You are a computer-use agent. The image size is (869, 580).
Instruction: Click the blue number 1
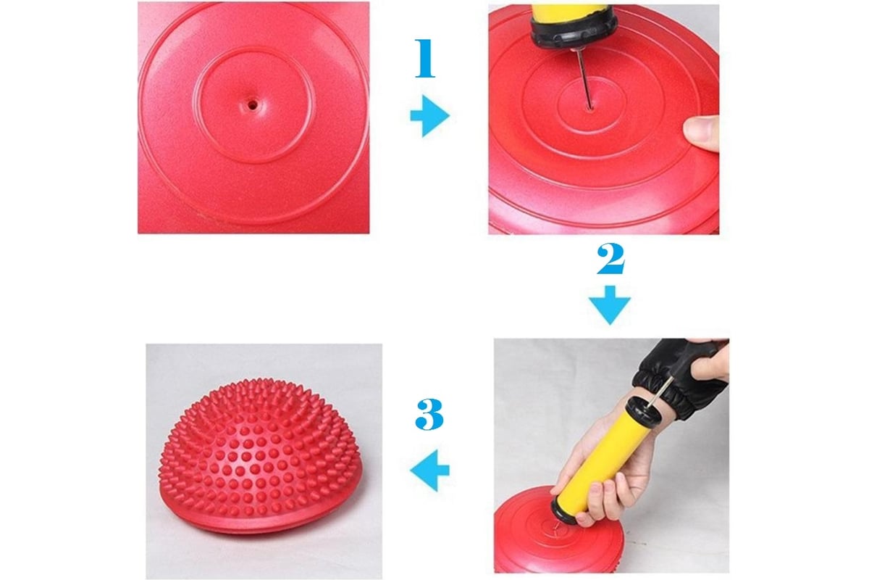[425, 58]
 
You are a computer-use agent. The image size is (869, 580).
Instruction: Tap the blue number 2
[610, 259]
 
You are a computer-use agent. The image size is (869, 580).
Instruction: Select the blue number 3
[429, 414]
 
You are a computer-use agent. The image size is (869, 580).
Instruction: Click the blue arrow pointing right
[430, 116]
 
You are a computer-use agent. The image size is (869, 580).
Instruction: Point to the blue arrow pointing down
[610, 305]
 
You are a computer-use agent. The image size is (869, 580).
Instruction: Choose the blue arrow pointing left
[430, 471]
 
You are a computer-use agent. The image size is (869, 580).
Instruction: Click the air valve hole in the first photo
[253, 104]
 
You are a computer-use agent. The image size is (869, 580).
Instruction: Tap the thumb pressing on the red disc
[702, 133]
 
